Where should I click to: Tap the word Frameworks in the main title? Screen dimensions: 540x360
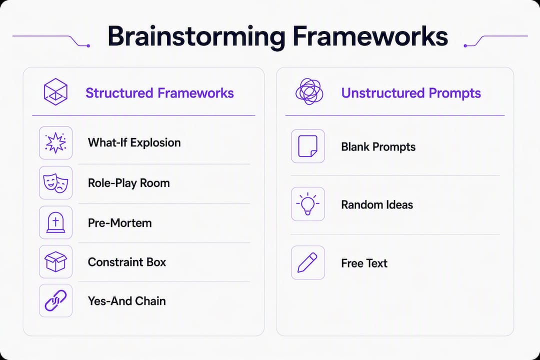pos(370,36)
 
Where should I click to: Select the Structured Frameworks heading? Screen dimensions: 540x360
pos(160,93)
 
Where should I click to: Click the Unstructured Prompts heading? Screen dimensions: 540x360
pos(411,93)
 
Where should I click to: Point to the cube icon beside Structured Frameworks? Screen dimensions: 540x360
pos(55,91)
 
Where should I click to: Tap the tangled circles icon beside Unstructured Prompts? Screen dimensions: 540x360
pos(309,91)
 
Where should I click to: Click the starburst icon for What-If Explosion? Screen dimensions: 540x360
pos(55,142)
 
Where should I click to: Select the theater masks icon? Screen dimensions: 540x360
pos(55,183)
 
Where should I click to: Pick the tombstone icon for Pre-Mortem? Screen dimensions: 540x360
pos(55,222)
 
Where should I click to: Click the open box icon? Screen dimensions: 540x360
pos(55,262)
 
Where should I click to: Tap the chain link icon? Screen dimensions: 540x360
pos(55,300)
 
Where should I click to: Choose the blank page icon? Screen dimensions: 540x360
pos(308,146)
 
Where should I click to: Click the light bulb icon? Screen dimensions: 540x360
pos(308,204)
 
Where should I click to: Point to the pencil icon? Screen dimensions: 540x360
pos(307,263)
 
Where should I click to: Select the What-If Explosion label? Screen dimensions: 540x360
pos(134,142)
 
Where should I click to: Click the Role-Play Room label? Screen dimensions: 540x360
pos(129,183)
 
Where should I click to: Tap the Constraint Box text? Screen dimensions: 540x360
pos(127,262)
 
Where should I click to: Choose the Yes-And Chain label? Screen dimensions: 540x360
pos(126,301)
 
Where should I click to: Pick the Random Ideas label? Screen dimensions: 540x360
pos(377,204)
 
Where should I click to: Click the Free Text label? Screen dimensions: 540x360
pos(364,263)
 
